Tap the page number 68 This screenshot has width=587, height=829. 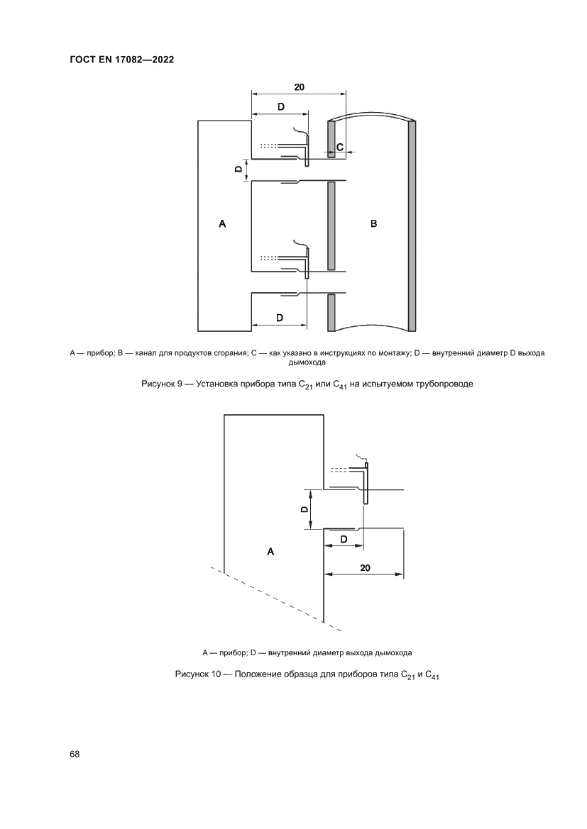coord(75,754)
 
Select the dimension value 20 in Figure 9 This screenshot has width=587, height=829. coord(299,87)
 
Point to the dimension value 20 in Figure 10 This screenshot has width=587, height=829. coord(365,567)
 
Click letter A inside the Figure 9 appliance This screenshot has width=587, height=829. coord(222,224)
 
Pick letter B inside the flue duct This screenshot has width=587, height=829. coord(374,224)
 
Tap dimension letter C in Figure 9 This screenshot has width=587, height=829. coord(340,147)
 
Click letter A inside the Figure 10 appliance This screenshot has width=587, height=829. coord(270,550)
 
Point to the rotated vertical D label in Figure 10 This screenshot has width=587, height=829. coord(304,509)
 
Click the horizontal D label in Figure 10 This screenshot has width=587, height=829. coord(344,540)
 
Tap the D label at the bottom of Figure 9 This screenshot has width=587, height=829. coord(280,318)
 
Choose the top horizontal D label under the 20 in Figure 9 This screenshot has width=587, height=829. coord(280,106)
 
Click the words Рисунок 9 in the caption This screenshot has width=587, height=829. coord(163,384)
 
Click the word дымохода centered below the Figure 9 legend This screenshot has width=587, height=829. coord(307,362)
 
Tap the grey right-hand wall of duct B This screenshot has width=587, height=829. coord(412,224)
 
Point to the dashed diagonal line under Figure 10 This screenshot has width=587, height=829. coord(277,599)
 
